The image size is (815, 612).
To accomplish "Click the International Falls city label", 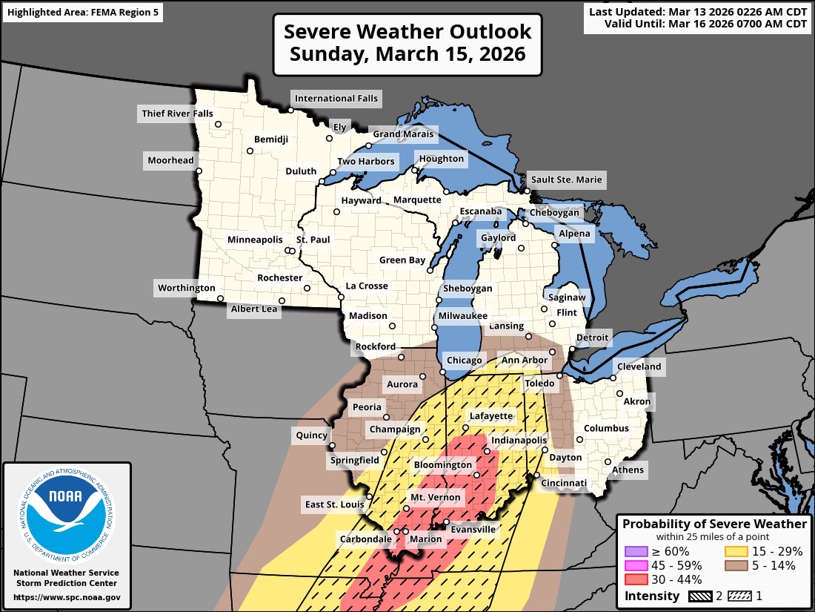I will [336, 98].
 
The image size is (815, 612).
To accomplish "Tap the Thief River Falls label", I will [176, 113].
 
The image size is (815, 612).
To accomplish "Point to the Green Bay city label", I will [402, 260].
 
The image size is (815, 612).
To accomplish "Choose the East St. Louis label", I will [333, 505].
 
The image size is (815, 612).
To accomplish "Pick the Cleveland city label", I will [638, 366].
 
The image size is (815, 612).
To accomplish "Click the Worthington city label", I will [186, 288].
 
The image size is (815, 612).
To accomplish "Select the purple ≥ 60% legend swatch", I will [636, 551].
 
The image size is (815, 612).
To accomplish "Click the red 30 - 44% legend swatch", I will [636, 579].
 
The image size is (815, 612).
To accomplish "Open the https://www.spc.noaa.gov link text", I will [67, 596].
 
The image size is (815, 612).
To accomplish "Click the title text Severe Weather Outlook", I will [408, 32].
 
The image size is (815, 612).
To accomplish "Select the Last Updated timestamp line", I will [697, 11].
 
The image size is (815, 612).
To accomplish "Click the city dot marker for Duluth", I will [322, 182].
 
